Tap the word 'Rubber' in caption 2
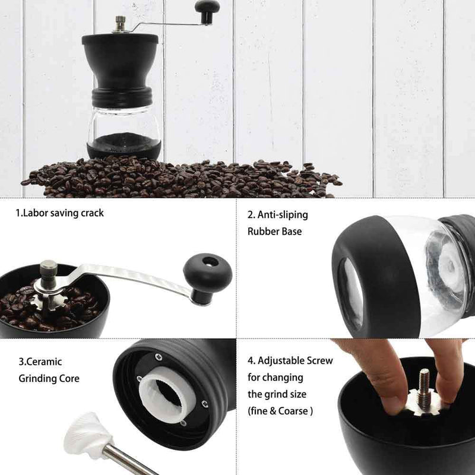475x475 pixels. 261,232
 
